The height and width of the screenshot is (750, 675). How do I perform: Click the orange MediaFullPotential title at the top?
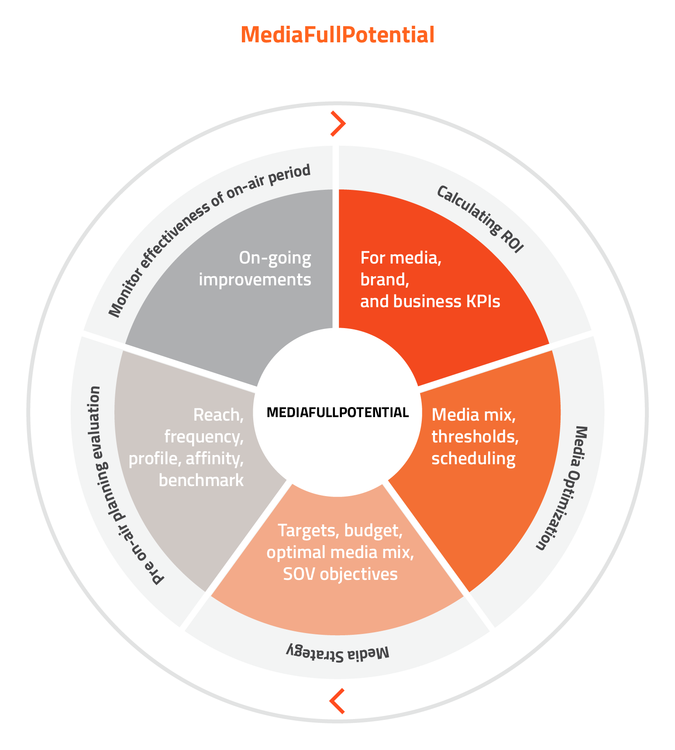coord(337,35)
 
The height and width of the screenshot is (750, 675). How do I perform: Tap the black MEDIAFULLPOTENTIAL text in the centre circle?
coord(337,412)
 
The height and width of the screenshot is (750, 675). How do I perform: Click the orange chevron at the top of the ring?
coord(338,123)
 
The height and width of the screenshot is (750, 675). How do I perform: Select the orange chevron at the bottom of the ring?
coord(337,701)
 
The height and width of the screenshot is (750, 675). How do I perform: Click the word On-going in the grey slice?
coord(275,258)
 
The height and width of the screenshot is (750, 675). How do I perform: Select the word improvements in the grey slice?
coord(255,279)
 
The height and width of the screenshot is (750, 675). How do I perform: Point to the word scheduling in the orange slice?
coord(474,459)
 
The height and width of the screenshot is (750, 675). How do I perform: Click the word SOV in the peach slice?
coord(300,574)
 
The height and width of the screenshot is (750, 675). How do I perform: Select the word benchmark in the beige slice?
coord(201,480)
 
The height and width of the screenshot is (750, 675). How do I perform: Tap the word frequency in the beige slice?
coord(204,437)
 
